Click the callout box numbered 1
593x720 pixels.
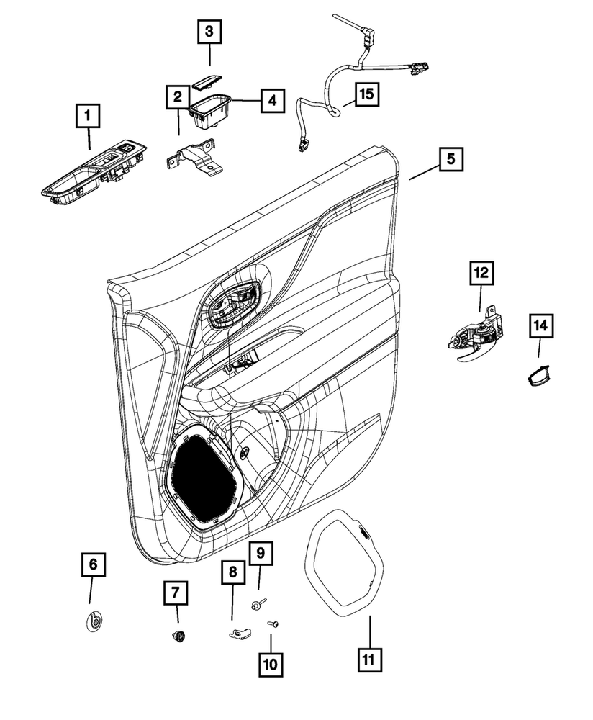tap(89, 115)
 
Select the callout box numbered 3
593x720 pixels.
tap(209, 32)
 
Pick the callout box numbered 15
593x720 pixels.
tap(367, 94)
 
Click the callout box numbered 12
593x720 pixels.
tap(480, 273)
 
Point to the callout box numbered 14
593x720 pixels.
tap(540, 325)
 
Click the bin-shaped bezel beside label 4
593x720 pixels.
tap(210, 109)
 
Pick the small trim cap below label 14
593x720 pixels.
tap(537, 376)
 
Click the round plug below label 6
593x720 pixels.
tap(94, 621)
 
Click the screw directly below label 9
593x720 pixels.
tap(258, 603)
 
